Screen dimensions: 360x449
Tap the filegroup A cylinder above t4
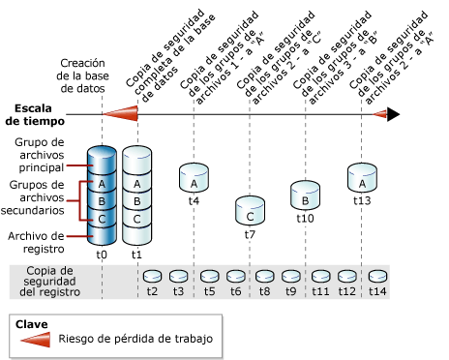[195, 177]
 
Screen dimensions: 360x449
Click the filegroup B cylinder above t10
[306, 195]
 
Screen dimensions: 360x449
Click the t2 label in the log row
[151, 289]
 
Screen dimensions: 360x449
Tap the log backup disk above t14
[376, 275]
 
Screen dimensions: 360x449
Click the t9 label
[290, 289]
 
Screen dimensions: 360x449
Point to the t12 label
[348, 289]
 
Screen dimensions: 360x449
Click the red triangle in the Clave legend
[40, 339]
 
